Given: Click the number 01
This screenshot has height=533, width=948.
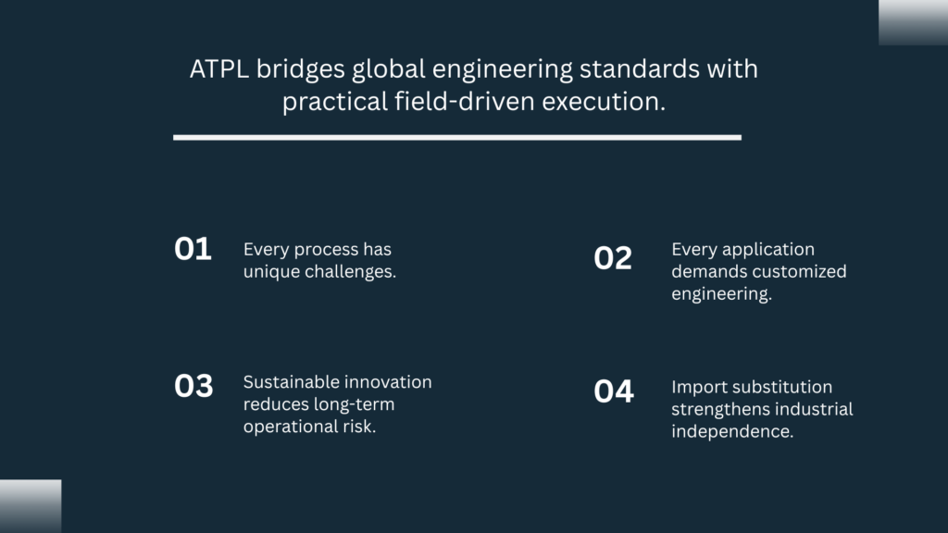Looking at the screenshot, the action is click(193, 249).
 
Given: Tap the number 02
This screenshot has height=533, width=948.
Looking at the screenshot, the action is click(613, 258).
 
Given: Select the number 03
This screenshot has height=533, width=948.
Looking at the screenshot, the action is click(193, 386).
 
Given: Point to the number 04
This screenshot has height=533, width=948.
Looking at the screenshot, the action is click(614, 391).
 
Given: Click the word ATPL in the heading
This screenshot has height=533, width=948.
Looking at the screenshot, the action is click(218, 68).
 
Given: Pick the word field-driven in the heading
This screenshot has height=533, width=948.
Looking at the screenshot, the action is click(465, 101).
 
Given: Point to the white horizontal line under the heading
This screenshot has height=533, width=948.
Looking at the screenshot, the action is click(457, 138).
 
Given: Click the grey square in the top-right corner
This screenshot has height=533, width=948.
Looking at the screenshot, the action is click(913, 22).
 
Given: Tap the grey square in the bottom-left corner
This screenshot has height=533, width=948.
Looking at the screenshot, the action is click(31, 506).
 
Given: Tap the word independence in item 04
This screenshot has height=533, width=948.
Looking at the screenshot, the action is click(732, 431).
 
